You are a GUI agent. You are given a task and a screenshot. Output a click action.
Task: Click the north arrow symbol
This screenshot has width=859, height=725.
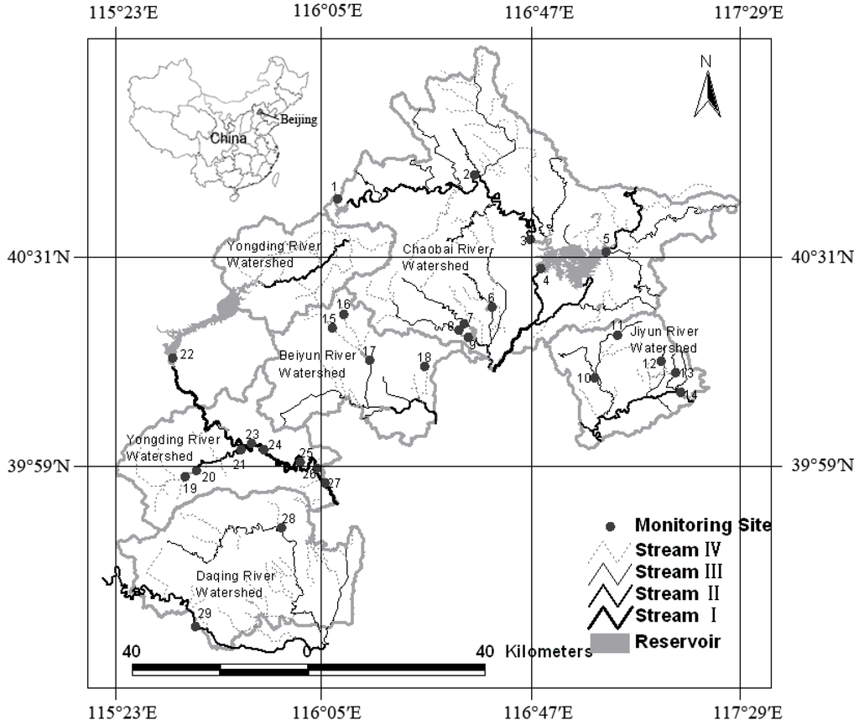pyautogui.click(x=707, y=89)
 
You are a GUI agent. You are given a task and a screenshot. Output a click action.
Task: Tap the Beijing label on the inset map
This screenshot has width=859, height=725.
pyautogui.click(x=299, y=120)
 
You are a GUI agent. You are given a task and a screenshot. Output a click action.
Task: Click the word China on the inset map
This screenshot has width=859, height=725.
pyautogui.click(x=227, y=138)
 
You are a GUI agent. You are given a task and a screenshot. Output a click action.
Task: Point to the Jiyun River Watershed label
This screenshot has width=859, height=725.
pyautogui.click(x=664, y=340)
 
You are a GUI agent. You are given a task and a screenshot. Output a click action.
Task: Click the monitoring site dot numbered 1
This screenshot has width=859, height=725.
pyautogui.click(x=337, y=199)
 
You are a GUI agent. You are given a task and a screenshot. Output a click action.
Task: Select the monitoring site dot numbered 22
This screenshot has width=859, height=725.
pyautogui.click(x=172, y=358)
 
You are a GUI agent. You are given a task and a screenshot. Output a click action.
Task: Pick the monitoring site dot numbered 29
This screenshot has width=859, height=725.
pyautogui.click(x=195, y=626)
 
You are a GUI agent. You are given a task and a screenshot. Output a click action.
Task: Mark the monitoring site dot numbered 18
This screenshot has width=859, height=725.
pyautogui.click(x=424, y=366)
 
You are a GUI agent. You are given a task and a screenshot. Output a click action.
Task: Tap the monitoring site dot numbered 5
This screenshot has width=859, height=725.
pyautogui.click(x=606, y=251)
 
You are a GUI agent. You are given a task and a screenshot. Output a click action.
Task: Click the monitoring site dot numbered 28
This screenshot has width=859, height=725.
pyautogui.click(x=281, y=527)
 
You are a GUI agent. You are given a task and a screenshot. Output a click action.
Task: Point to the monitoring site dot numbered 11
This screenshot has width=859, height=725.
pyautogui.click(x=617, y=335)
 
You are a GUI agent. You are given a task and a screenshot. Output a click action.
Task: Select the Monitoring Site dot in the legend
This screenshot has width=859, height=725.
pyautogui.click(x=611, y=526)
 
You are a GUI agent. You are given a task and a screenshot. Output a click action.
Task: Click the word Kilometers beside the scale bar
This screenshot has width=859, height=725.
pyautogui.click(x=548, y=652)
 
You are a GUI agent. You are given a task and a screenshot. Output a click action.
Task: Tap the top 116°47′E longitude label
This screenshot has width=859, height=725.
pyautogui.click(x=531, y=13)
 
